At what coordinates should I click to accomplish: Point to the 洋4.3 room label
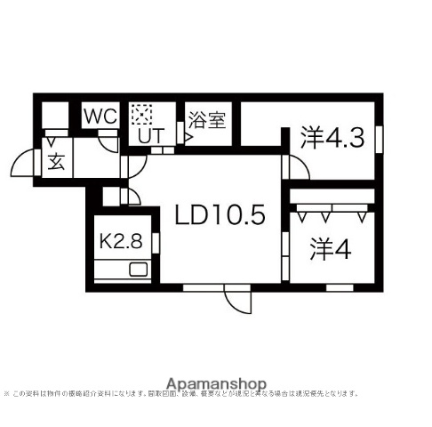(x=332, y=138)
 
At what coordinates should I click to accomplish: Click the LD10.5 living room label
(x=220, y=215)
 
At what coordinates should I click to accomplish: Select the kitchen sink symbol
(x=139, y=270)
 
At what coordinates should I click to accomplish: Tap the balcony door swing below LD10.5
(x=237, y=302)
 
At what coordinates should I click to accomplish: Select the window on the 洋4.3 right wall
(x=377, y=140)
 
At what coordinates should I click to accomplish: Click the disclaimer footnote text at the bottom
(x=182, y=392)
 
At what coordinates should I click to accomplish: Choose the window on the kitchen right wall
(x=154, y=240)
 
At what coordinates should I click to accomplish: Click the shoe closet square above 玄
(x=55, y=115)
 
